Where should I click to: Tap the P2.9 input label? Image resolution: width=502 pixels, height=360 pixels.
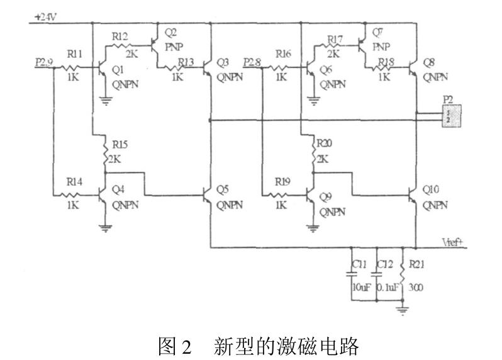pos(45,62)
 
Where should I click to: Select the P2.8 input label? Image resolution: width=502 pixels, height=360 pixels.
pos(252,62)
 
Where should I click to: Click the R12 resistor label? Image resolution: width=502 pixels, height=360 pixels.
pos(120,37)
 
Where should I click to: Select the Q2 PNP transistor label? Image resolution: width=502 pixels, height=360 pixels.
pos(170,32)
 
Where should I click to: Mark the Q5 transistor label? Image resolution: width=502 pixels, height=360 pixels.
pos(223,188)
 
